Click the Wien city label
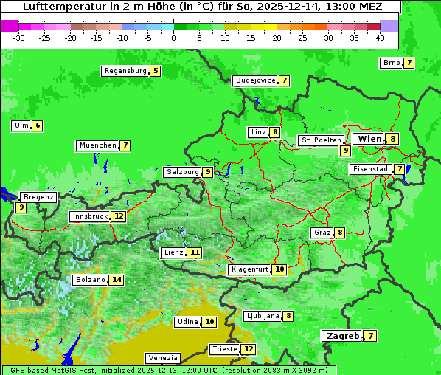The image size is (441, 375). tap(369, 139)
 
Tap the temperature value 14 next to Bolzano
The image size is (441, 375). tap(117, 280)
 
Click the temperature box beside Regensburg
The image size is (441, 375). tap(155, 71)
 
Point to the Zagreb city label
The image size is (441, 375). tap(342, 336)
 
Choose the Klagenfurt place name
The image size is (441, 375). tap(249, 269)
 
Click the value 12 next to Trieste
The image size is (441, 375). tap(249, 349)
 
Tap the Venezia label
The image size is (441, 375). tap(162, 358)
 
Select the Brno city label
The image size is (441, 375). tap(391, 63)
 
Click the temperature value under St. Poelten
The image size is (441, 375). tap(345, 151)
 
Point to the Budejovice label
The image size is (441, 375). tap(255, 80)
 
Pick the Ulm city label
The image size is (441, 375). tap(21, 125)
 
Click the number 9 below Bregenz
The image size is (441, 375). tap(21, 208)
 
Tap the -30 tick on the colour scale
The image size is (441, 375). tap(19, 37)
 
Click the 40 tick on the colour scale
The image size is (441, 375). tap(380, 37)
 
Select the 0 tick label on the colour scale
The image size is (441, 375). tap(174, 37)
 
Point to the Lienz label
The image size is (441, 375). tap(173, 252)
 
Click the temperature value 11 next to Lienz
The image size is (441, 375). tap(194, 252)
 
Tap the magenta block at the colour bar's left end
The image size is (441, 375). tap(10, 26)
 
